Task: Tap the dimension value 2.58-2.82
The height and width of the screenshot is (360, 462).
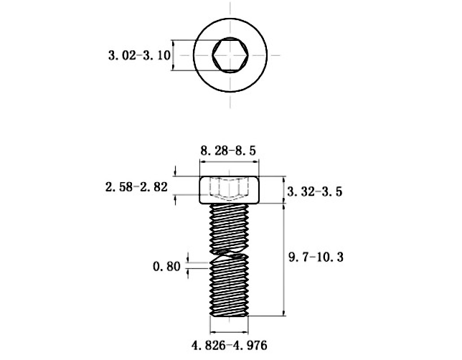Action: tap(136, 187)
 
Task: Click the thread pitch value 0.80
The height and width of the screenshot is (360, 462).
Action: tap(166, 267)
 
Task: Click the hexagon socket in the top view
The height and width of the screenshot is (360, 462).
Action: tap(230, 55)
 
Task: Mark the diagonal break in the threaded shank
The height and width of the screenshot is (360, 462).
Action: tap(230, 252)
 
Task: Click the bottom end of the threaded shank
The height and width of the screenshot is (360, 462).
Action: tap(230, 313)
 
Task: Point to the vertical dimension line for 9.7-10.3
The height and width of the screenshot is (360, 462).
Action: tap(285, 258)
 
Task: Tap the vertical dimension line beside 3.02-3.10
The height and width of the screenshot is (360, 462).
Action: tap(173, 55)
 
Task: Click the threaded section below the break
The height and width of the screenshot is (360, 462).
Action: tap(230, 287)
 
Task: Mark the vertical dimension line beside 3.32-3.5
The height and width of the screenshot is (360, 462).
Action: tap(285, 190)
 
